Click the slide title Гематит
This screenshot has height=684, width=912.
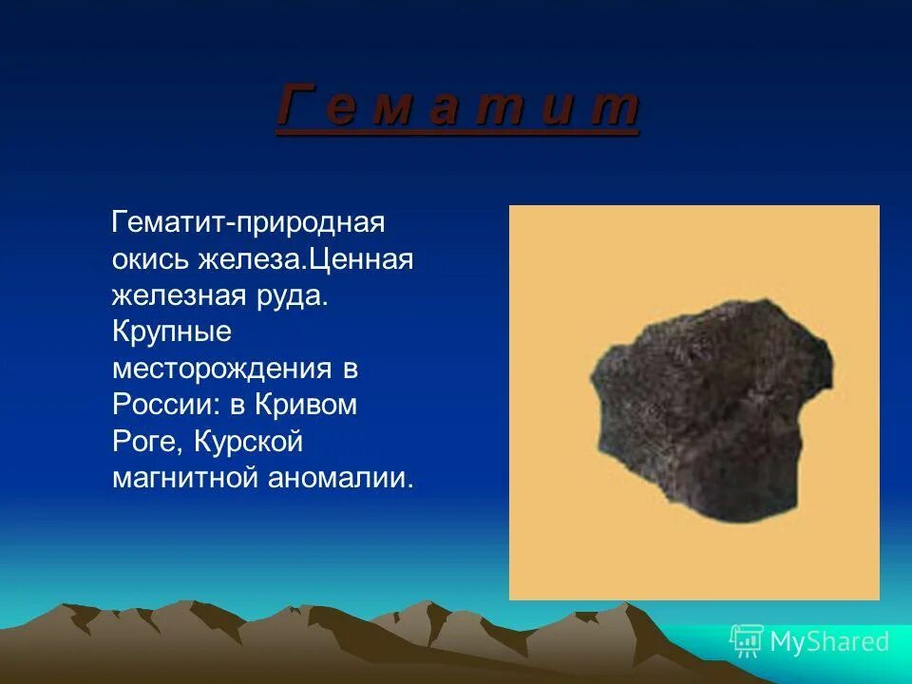pos(457,105)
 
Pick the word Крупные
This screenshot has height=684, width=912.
pos(172,332)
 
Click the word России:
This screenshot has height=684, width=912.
pos(165,404)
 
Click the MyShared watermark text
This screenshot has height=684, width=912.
pos(829,642)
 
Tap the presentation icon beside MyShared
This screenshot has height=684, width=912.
pos(747,641)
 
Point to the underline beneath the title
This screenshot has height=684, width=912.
pos(457,134)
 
